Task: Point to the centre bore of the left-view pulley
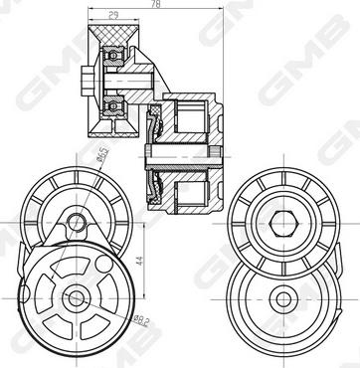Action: click(75, 295)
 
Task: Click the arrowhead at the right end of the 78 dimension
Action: click(232, 9)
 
